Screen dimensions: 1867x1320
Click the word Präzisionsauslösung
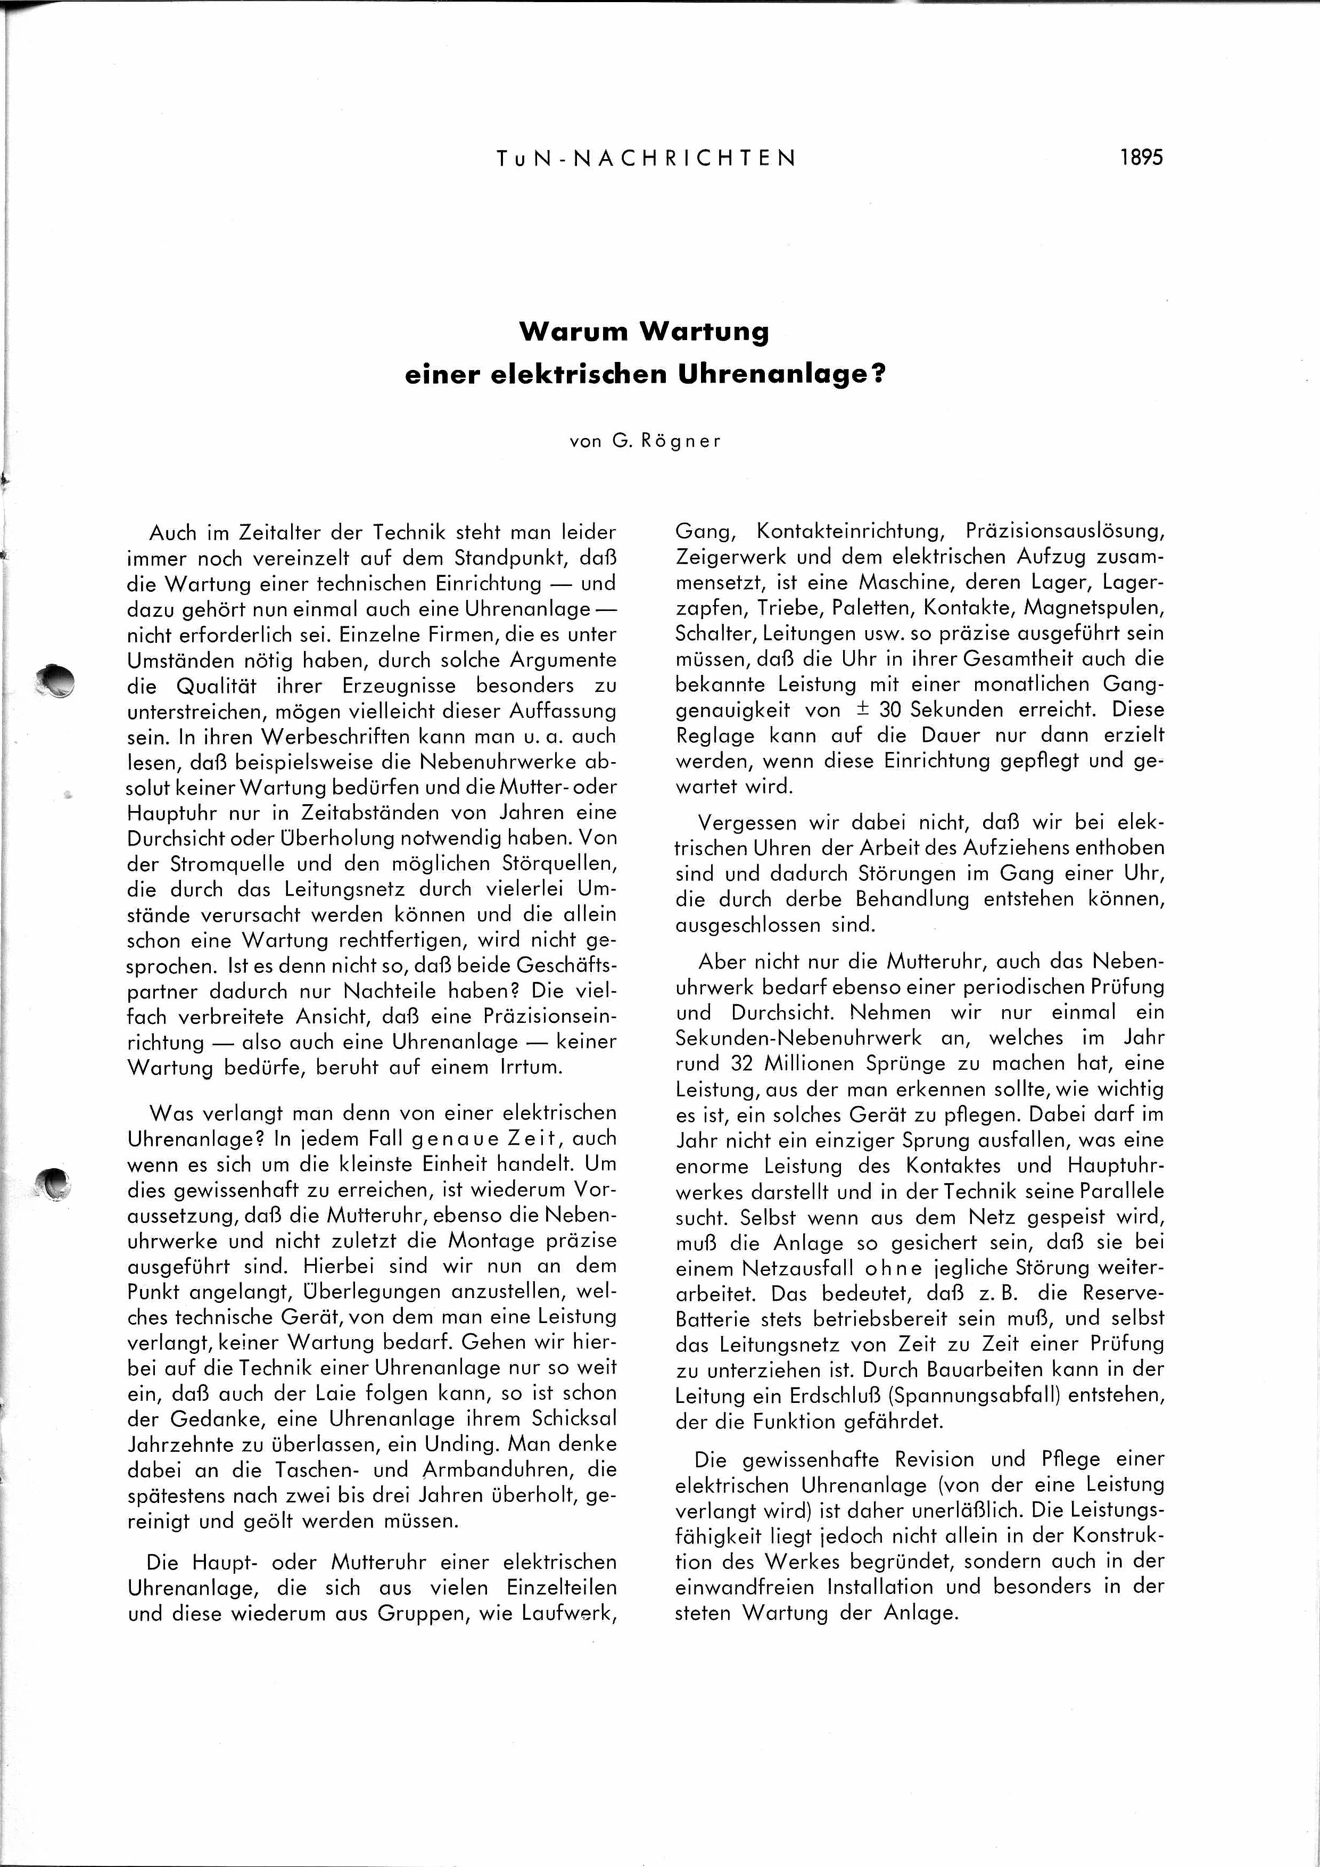coord(1065,531)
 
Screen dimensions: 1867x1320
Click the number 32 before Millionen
coord(719,1063)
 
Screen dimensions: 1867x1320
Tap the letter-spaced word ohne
coord(893,1268)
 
